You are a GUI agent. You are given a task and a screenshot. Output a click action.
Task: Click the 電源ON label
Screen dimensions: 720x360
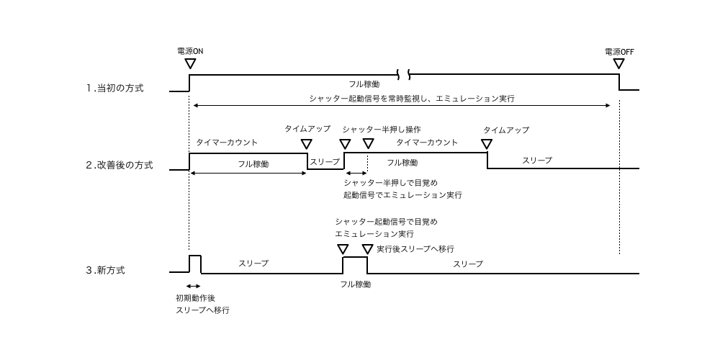(190, 51)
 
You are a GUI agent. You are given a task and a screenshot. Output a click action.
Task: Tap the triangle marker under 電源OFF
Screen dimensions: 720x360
(619, 63)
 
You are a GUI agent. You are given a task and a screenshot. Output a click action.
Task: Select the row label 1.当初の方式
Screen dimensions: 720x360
(114, 88)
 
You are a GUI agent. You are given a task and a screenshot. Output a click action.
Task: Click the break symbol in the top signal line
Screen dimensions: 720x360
(403, 74)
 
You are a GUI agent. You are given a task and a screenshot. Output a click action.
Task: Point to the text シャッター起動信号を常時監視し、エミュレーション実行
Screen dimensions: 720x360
(412, 98)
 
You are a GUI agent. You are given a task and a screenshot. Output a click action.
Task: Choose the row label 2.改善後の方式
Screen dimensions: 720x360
(120, 166)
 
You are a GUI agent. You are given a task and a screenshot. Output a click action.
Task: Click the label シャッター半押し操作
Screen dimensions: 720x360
(381, 130)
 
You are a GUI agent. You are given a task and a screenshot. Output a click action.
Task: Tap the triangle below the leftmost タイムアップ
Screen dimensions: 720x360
(306, 144)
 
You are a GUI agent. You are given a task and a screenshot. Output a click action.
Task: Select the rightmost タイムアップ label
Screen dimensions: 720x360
(506, 130)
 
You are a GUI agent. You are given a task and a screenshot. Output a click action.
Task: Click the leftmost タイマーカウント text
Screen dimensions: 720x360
(227, 143)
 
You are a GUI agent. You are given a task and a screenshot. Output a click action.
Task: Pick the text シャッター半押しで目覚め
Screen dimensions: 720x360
(391, 183)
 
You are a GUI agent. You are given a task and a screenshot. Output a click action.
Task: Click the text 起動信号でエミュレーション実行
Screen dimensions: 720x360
(402, 194)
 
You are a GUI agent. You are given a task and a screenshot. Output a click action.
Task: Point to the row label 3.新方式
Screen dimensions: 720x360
(105, 270)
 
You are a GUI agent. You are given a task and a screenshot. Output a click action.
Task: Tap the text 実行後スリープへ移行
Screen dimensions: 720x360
(415, 249)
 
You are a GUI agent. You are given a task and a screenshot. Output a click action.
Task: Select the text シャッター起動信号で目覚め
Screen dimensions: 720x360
(386, 222)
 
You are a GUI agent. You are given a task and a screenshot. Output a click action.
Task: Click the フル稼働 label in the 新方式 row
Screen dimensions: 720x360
(356, 284)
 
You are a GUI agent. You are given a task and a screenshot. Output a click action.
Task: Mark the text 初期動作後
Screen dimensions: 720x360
(196, 298)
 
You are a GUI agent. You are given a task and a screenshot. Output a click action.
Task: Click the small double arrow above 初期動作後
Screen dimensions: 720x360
(193, 286)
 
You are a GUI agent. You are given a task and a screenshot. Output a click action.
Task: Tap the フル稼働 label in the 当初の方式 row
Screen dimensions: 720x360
(364, 84)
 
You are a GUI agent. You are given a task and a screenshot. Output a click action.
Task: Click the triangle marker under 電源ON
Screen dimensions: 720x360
(189, 63)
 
